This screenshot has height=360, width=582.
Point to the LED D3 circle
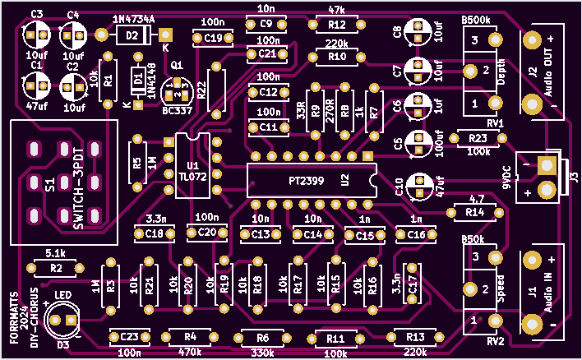pyautogui.click(x=63, y=320)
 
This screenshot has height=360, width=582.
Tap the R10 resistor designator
pyautogui.click(x=336, y=57)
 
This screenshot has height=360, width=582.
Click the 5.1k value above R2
pyautogui.click(x=55, y=253)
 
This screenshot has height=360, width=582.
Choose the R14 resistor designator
pyautogui.click(x=474, y=213)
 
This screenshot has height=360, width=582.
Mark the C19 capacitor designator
pyautogui.click(x=213, y=38)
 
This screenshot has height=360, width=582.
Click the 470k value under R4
pyautogui.click(x=190, y=352)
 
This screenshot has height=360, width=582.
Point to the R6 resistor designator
pyautogui.click(x=262, y=338)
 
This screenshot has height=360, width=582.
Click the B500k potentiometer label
pyautogui.click(x=478, y=19)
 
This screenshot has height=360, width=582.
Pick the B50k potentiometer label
pyautogui.click(x=473, y=239)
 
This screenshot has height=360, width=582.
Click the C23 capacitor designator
pyautogui.click(x=128, y=337)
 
